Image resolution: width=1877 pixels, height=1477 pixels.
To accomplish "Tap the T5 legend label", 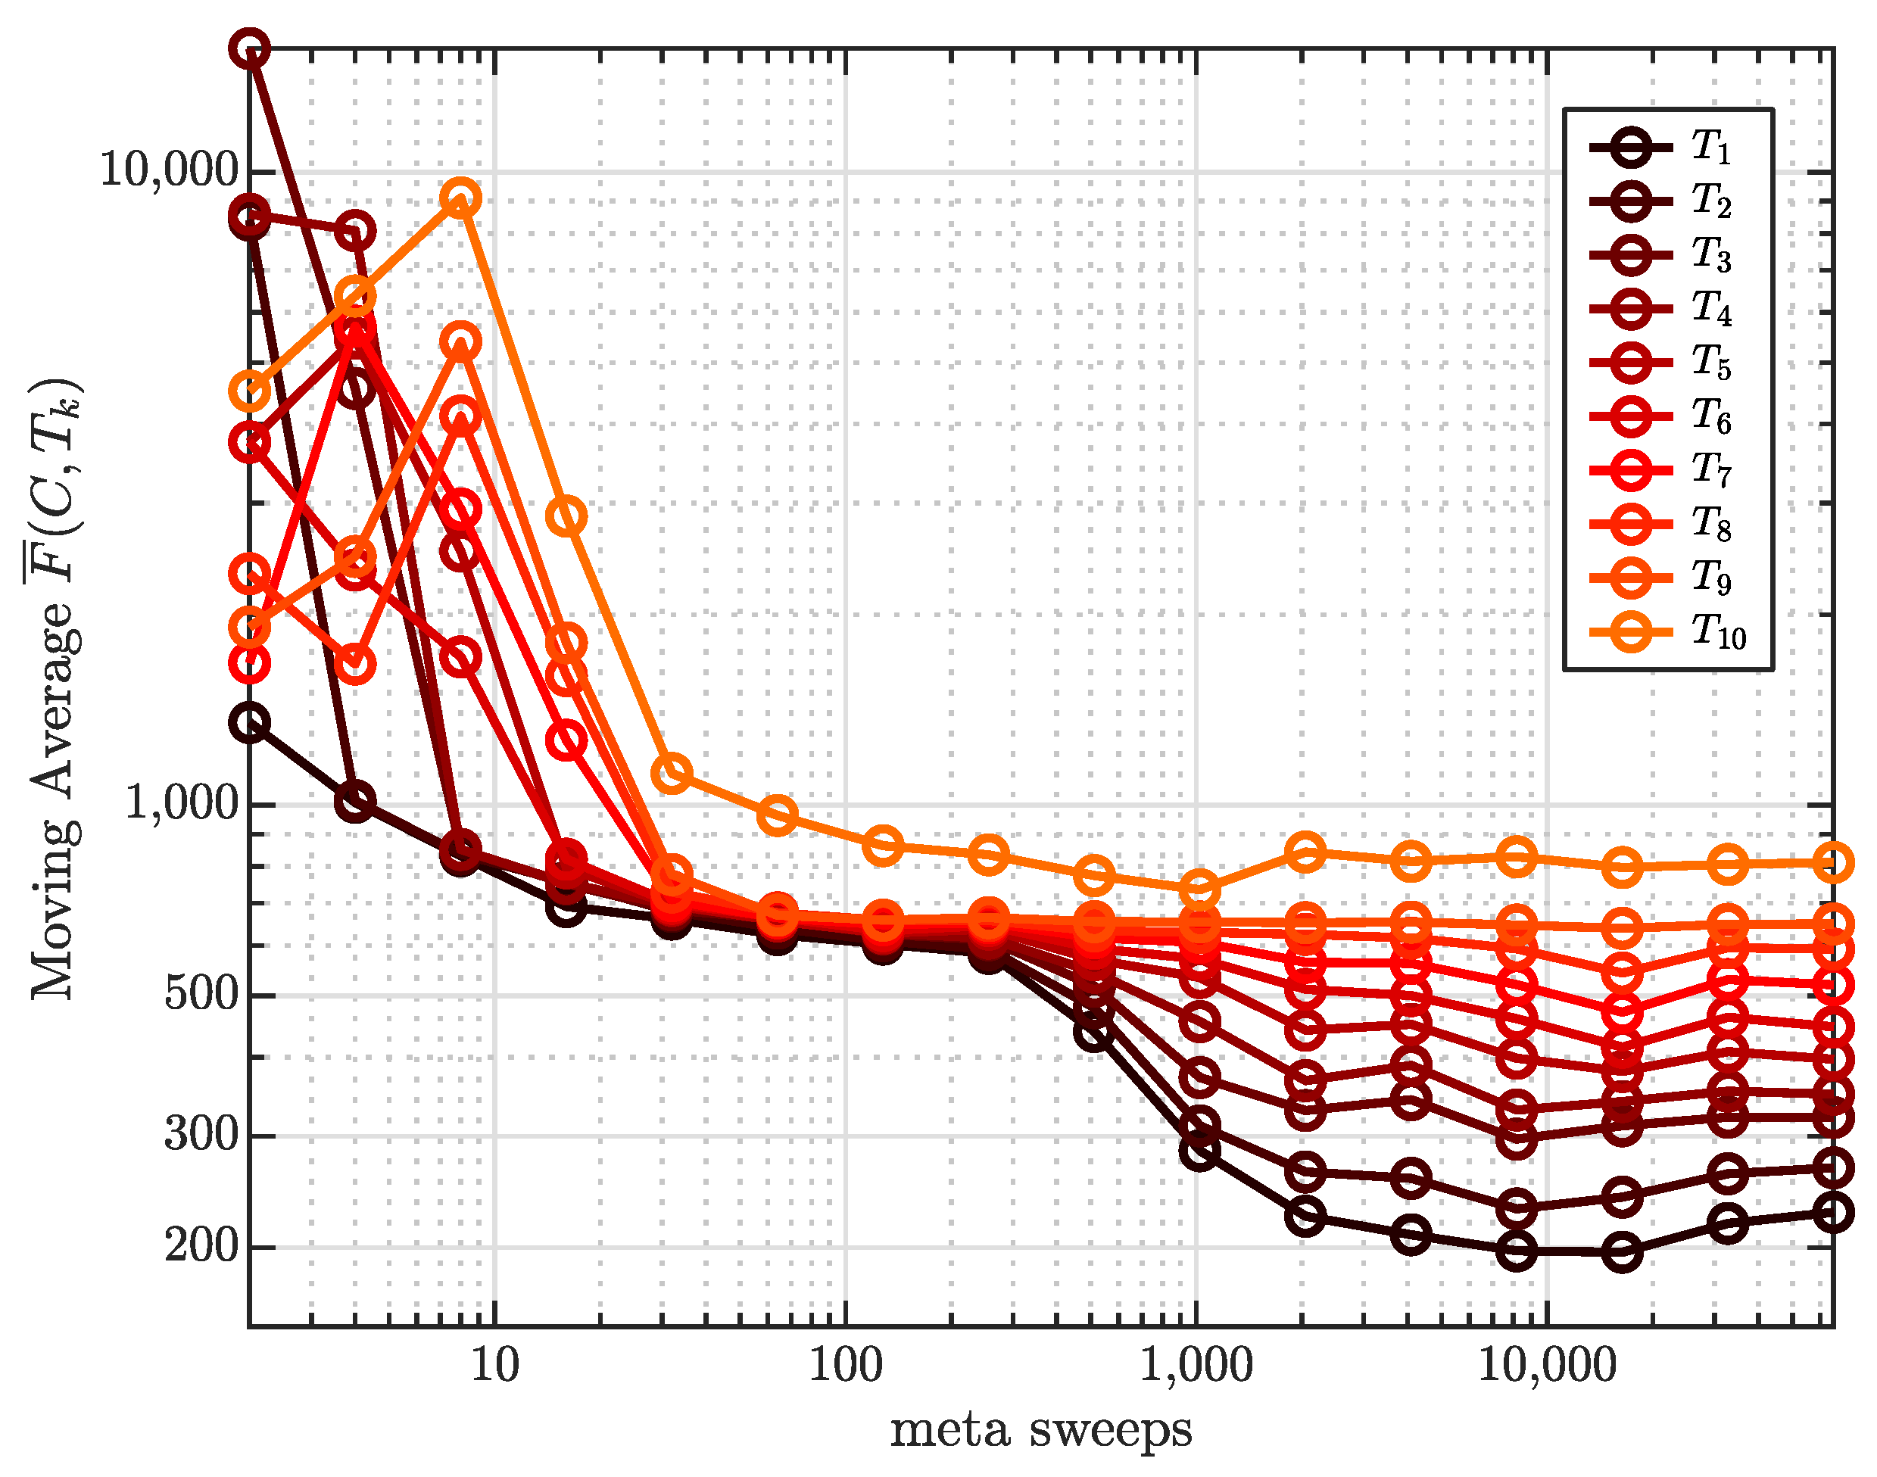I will click(x=1710, y=363).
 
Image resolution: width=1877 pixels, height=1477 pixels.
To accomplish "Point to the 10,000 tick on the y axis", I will click(x=169, y=170).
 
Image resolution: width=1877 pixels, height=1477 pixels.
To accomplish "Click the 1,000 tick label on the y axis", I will click(x=182, y=804).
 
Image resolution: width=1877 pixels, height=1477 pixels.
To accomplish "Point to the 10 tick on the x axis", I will click(x=494, y=1367).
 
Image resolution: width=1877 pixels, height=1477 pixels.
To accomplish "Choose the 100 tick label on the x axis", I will click(x=845, y=1367).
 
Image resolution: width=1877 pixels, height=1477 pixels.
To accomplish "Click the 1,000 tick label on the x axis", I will click(x=1196, y=1367).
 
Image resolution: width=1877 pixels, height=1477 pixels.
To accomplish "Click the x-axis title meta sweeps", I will click(x=1040, y=1431).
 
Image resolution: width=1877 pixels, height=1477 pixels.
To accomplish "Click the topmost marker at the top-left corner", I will click(x=250, y=48).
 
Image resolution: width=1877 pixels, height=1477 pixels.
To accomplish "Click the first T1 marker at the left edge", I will click(x=250, y=723).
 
